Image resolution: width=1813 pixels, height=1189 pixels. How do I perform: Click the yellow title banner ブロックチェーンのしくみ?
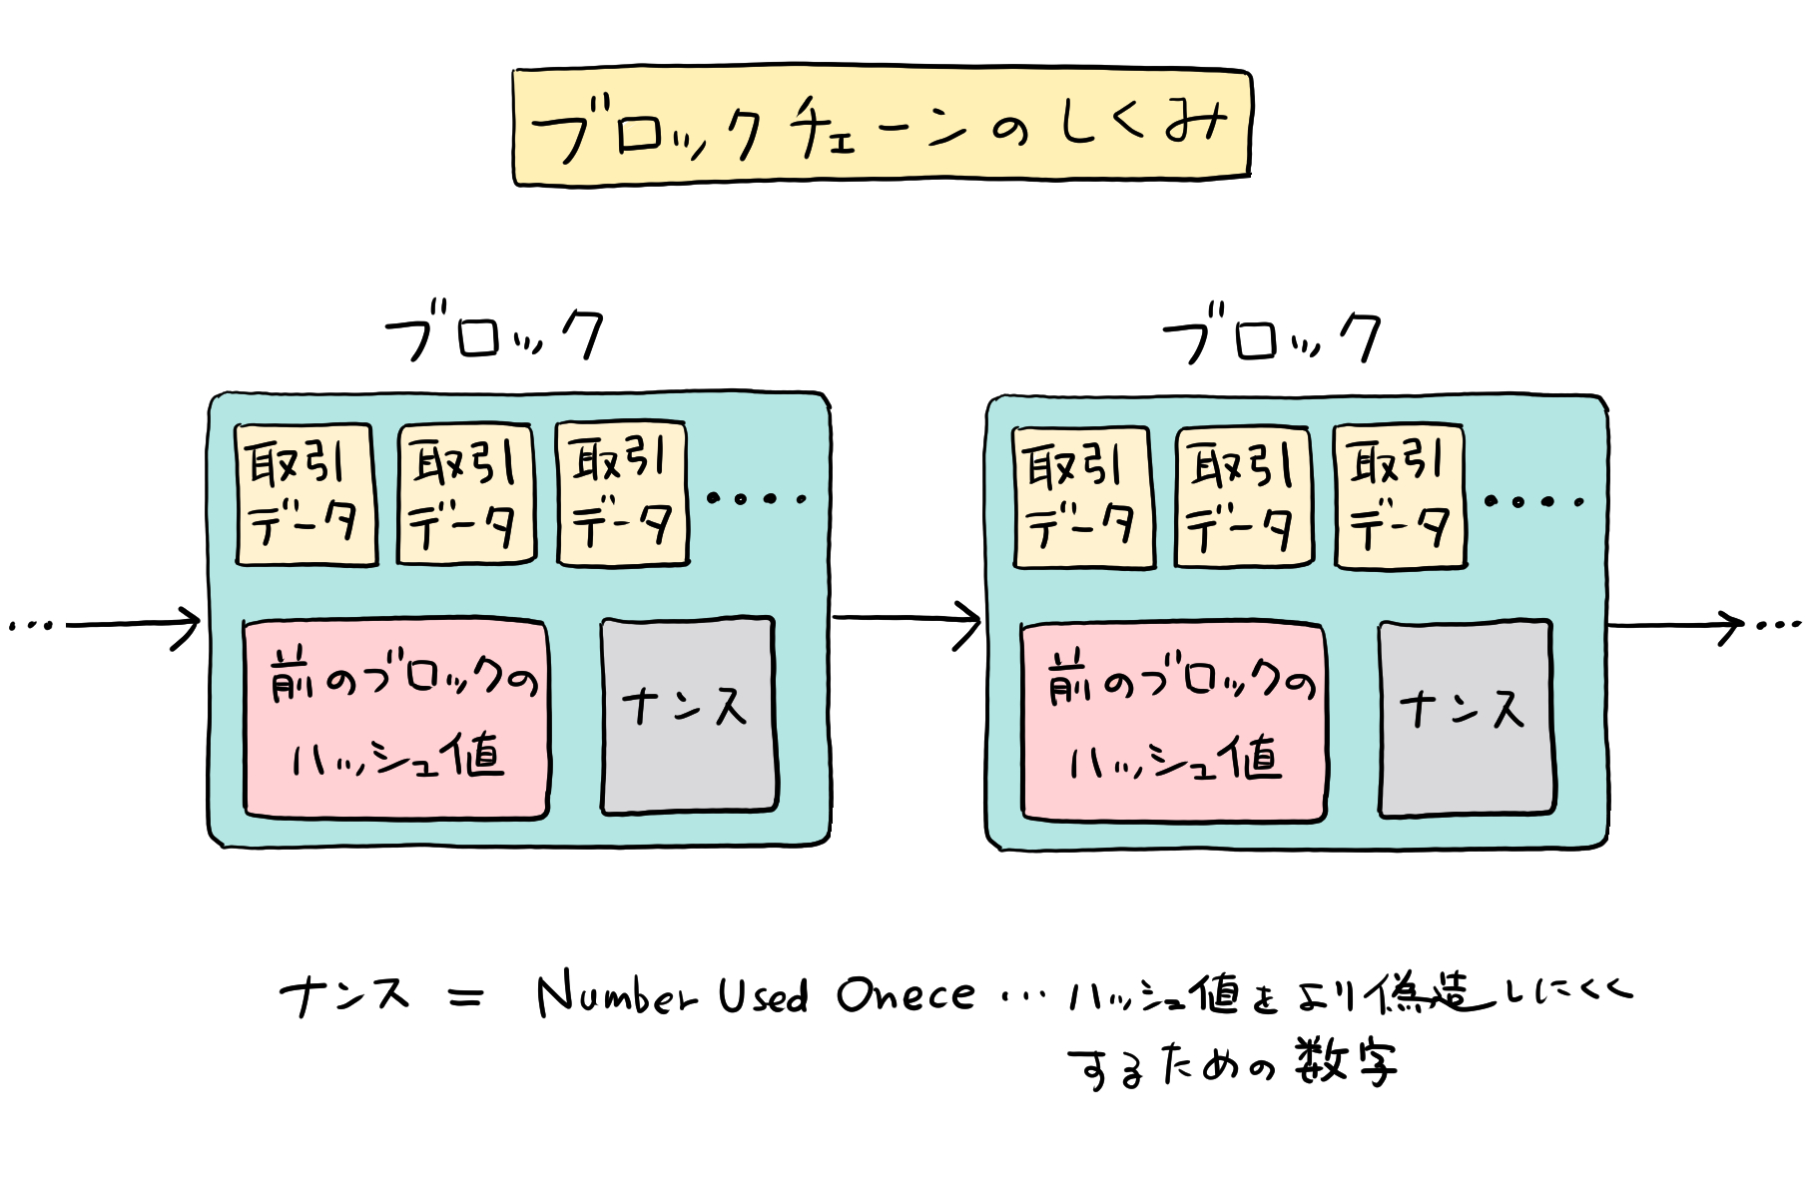(882, 127)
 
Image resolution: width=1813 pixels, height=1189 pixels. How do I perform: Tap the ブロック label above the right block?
(1272, 336)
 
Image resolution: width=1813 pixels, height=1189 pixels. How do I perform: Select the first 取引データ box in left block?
(305, 495)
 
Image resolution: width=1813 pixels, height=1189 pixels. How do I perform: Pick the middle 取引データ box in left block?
(466, 495)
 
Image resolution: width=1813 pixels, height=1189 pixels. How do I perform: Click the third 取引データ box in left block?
(623, 495)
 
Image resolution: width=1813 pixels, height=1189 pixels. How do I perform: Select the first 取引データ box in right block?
(1082, 498)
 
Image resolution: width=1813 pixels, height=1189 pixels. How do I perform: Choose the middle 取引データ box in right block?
(1243, 498)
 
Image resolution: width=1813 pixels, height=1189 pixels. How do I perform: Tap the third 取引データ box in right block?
(1400, 498)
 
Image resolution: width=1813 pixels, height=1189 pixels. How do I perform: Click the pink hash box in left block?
(396, 719)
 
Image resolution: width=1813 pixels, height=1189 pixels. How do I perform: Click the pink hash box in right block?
(1173, 722)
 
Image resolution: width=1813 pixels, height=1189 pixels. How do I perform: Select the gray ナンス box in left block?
(688, 715)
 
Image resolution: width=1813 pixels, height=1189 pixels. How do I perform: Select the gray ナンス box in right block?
(1466, 718)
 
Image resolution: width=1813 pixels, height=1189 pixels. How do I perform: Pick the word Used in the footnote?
(763, 994)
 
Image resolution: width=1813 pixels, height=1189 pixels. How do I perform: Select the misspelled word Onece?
(906, 994)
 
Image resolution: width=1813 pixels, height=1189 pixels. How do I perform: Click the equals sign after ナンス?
(466, 996)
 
